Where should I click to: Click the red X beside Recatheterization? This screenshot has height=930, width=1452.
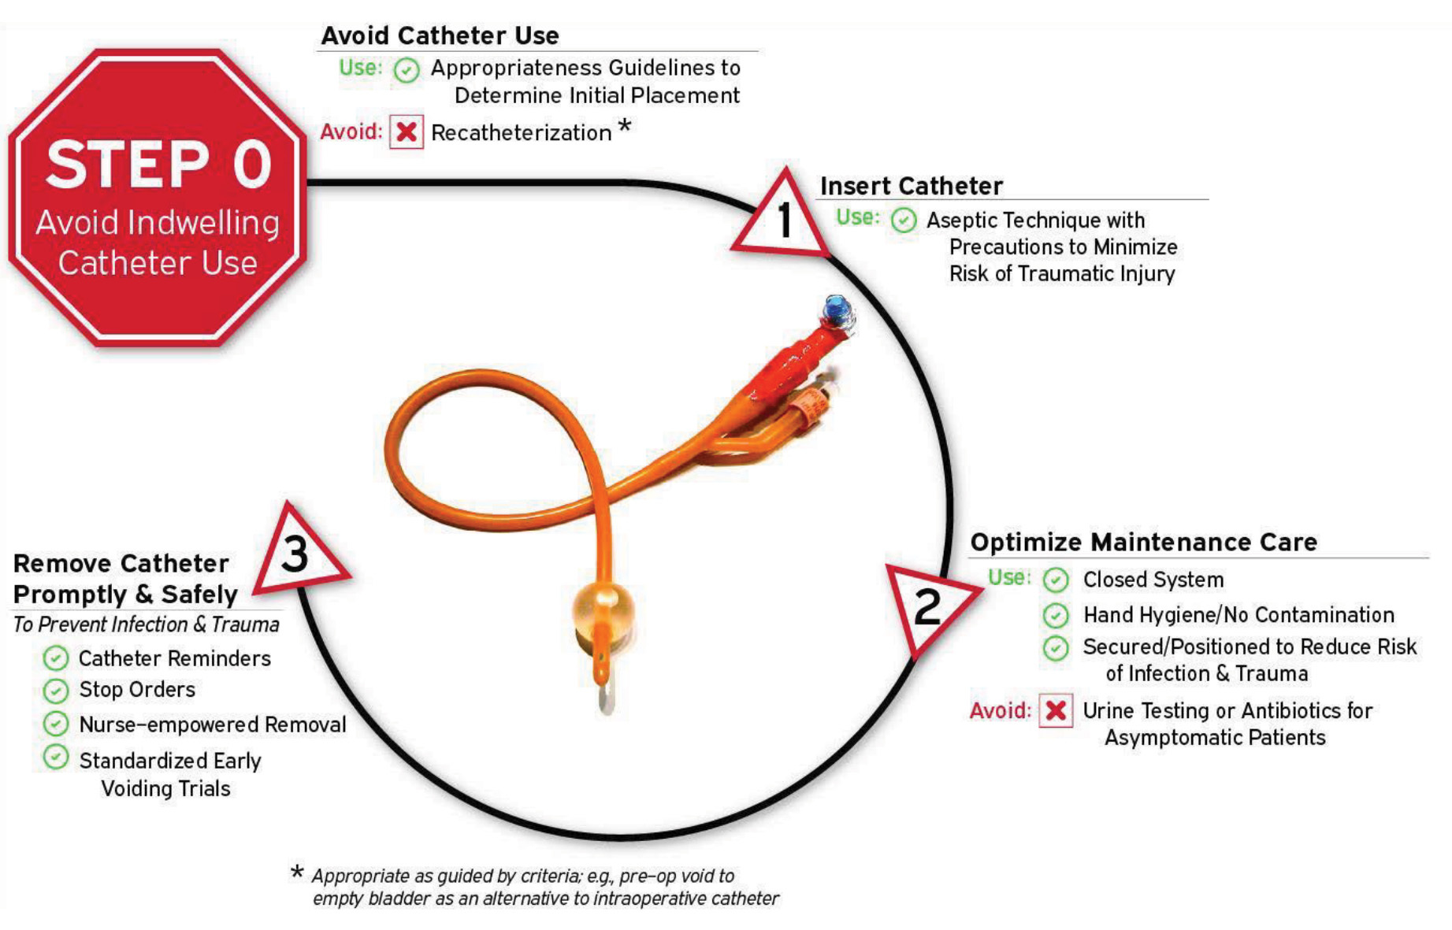[407, 132]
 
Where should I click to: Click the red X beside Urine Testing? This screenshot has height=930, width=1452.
[1056, 711]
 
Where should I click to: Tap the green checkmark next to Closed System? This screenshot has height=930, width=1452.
[1056, 580]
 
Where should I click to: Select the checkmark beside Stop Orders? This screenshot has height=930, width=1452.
[55, 691]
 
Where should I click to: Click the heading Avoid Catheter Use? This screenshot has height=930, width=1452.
[440, 35]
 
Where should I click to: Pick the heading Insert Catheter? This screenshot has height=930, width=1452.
[912, 186]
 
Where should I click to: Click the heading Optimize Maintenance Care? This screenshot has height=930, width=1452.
[1143, 543]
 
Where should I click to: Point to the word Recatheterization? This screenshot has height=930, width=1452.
[521, 133]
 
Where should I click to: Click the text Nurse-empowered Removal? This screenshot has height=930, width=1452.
[212, 725]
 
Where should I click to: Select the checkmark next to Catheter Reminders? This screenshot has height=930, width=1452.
[55, 658]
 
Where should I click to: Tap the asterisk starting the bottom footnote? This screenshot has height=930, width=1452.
[297, 873]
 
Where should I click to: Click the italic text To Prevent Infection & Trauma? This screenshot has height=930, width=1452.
[146, 624]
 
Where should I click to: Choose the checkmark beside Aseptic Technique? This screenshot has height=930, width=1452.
[904, 220]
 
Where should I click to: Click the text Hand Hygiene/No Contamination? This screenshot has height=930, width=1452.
[1238, 615]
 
